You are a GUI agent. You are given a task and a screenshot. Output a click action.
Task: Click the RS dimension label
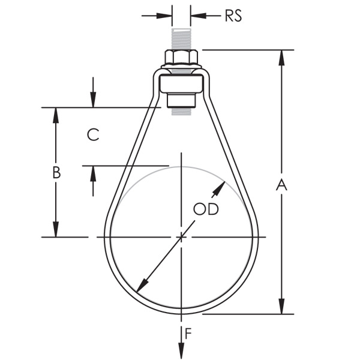[x=233, y=16]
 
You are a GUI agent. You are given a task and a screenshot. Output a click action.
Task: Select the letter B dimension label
[x=56, y=172]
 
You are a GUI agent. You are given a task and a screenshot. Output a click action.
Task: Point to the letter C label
[x=92, y=134]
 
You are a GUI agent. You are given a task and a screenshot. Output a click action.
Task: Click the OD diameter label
[x=205, y=209]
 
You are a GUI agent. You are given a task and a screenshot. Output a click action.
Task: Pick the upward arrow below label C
[x=93, y=172]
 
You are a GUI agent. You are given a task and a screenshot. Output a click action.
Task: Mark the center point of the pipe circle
[x=181, y=237]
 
